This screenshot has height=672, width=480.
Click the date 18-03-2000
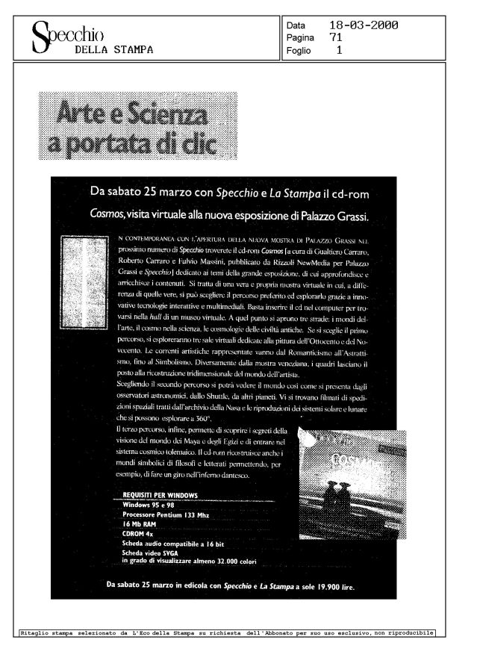[x=363, y=26]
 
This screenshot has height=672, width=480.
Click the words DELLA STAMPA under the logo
[x=114, y=50]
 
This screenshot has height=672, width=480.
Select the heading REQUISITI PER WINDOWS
[x=159, y=495]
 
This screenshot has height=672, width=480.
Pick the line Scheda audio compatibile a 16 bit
[x=175, y=545]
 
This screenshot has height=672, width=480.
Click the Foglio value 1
[x=339, y=51]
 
